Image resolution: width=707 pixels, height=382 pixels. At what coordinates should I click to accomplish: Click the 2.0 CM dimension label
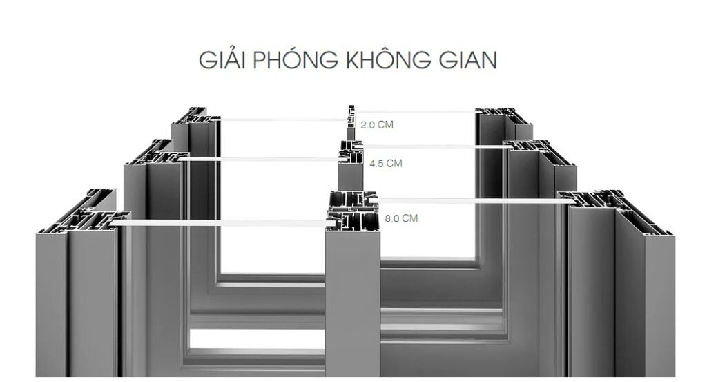click(377, 126)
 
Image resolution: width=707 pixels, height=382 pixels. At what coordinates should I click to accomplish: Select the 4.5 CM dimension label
click(385, 164)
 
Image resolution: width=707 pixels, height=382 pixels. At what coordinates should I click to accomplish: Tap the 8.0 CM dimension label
click(401, 218)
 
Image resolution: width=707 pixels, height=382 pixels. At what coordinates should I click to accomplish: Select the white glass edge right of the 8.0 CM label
click(469, 200)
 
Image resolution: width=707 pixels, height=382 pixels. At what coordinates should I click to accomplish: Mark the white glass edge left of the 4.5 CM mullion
click(262, 159)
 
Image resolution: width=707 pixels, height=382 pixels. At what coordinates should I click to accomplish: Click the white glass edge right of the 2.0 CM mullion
click(414, 111)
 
